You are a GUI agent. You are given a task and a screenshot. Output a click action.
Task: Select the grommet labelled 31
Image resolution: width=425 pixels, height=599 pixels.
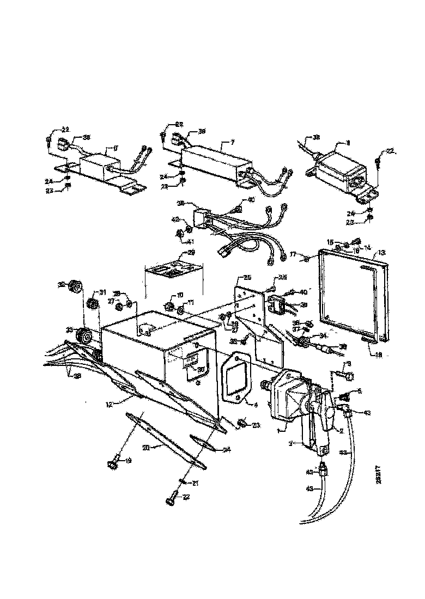pos(92,303)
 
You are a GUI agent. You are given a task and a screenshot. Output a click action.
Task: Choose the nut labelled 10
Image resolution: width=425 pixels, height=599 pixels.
pos(168,307)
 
